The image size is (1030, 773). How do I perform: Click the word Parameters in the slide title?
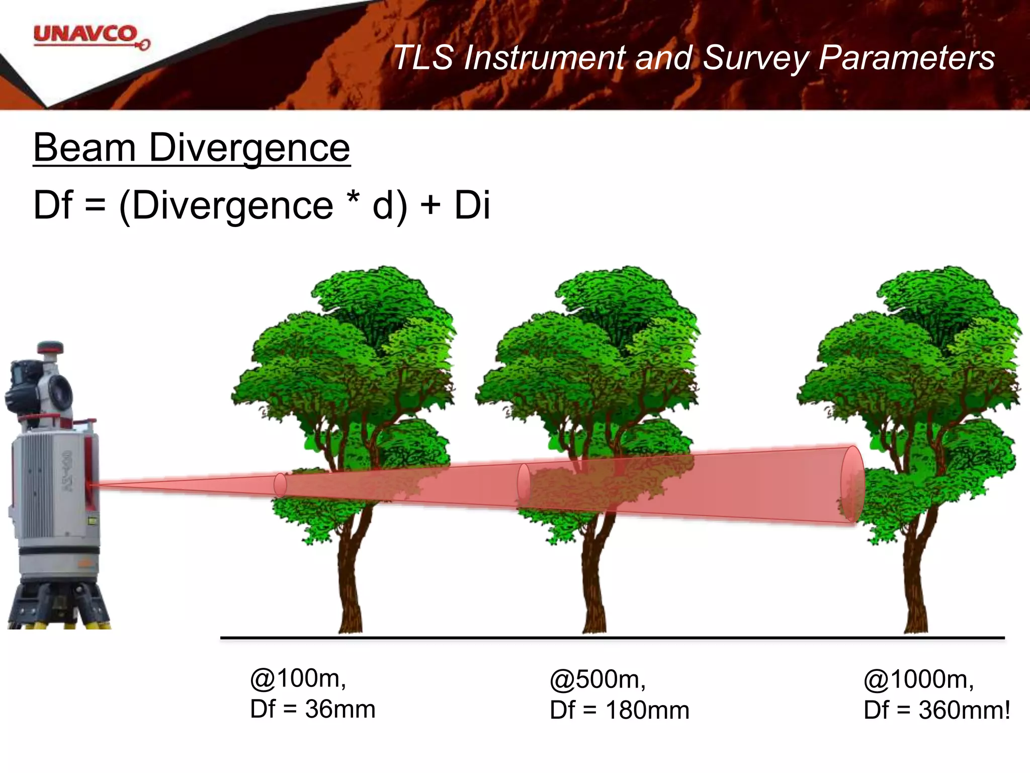pos(906,57)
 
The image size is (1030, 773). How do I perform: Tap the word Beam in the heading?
pos(84,148)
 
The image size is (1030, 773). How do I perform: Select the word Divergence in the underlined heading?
pos(249,148)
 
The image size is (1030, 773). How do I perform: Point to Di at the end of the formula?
pos(472,205)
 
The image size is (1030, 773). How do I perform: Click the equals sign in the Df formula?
pos(96,205)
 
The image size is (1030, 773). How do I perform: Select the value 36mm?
pos(340,709)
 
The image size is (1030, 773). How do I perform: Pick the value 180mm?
pos(647,710)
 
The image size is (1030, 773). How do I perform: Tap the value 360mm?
pos(964,710)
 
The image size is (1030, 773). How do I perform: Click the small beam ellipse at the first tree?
pos(280,485)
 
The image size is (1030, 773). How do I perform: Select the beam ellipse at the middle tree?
pos(524,484)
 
